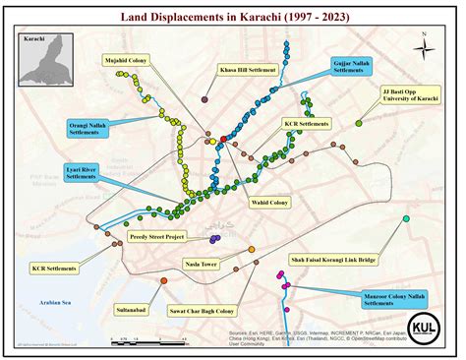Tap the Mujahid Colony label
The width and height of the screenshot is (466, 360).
click(x=125, y=60)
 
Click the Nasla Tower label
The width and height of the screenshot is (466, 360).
click(x=201, y=265)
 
